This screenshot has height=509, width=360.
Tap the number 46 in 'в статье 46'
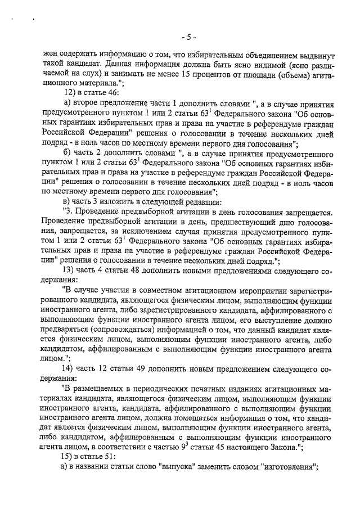[113, 93]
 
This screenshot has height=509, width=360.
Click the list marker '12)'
[71, 93]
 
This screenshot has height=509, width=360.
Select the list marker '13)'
[71, 269]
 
